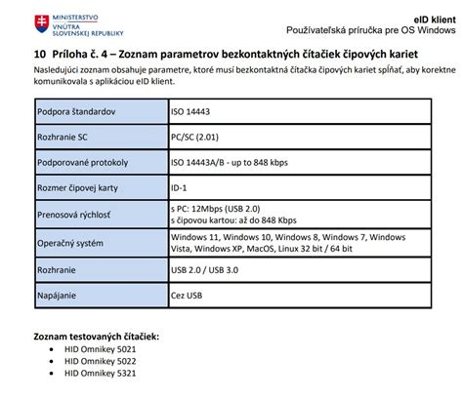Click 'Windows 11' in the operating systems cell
coord(193,237)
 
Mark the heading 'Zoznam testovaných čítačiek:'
coord(96,337)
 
